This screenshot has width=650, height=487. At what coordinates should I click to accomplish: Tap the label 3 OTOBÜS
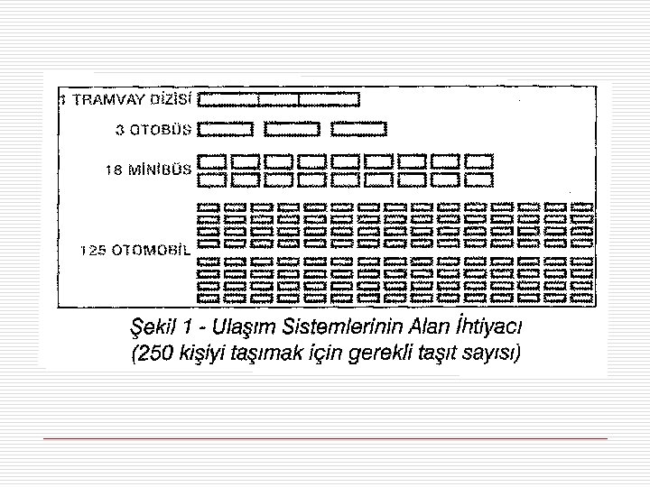(x=153, y=129)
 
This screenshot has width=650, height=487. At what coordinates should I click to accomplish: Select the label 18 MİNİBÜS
(x=148, y=169)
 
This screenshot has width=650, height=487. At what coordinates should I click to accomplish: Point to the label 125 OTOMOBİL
(x=135, y=251)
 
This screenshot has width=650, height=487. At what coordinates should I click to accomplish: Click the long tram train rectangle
(x=278, y=99)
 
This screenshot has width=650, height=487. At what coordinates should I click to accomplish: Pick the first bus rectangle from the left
(x=225, y=129)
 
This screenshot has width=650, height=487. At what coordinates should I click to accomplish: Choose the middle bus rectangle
(x=291, y=129)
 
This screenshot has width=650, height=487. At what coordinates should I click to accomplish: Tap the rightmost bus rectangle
(x=358, y=129)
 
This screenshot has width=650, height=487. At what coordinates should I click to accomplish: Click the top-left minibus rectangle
(x=211, y=161)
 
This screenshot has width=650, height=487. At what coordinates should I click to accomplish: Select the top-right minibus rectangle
(x=479, y=161)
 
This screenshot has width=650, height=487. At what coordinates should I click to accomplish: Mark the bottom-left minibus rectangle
(x=211, y=179)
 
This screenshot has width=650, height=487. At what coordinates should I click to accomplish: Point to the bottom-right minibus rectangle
(x=479, y=179)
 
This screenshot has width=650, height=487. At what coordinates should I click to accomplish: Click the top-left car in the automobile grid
(x=209, y=207)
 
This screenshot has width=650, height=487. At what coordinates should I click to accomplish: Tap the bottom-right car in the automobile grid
(x=583, y=295)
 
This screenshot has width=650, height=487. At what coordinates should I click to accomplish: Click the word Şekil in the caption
(x=155, y=324)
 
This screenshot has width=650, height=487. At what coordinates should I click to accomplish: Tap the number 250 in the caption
(x=156, y=352)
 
